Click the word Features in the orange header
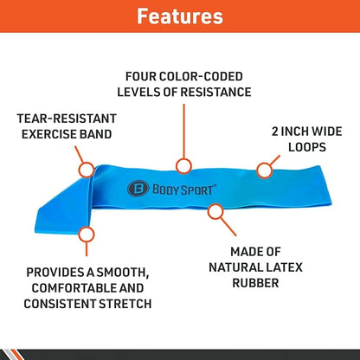coord(180,16)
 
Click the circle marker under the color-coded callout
coord(182,165)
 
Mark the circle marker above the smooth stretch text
coord(85,234)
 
